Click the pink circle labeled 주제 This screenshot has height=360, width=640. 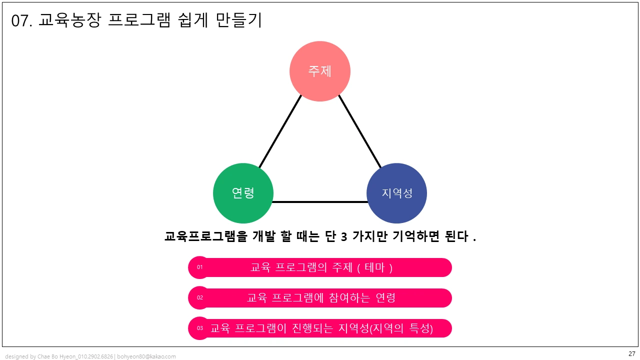pyautogui.click(x=320, y=71)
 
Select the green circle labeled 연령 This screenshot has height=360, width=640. pyautogui.click(x=243, y=193)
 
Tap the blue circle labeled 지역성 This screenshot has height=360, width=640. pyautogui.click(x=396, y=193)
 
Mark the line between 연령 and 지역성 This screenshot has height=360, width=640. pyautogui.click(x=320, y=202)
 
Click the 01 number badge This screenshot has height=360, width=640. pyautogui.click(x=199, y=267)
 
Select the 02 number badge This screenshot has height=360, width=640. pyautogui.click(x=199, y=298)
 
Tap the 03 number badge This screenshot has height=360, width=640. pyautogui.click(x=199, y=328)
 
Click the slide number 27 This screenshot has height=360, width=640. pyautogui.click(x=631, y=353)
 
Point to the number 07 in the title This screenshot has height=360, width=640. pyautogui.click(x=20, y=21)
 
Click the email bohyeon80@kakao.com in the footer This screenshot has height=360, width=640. pyautogui.click(x=146, y=356)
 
